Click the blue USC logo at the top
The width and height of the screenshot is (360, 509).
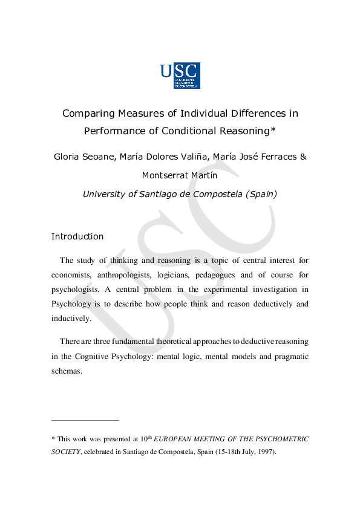[x=180, y=76]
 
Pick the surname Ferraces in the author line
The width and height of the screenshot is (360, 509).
[x=274, y=157]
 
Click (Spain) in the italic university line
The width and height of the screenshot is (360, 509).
[x=258, y=194]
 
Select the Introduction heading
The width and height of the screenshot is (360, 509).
[x=77, y=236]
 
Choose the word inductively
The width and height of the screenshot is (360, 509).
[x=71, y=318]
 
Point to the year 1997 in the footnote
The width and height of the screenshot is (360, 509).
[x=265, y=452]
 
